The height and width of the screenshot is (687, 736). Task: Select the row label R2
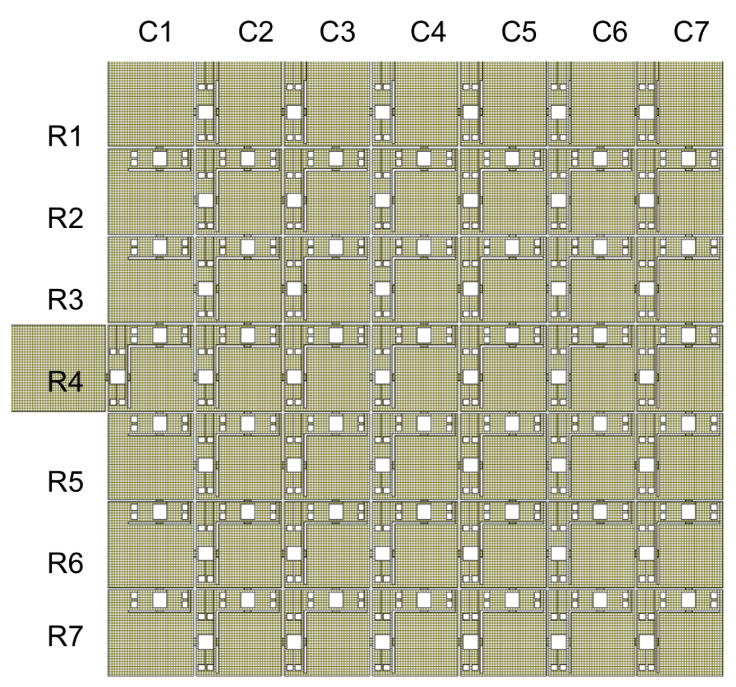pyautogui.click(x=65, y=219)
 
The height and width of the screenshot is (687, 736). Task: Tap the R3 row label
pyautogui.click(x=65, y=300)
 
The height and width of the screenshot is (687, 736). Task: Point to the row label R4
pyautogui.click(x=65, y=382)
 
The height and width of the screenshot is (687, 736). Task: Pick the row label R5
pyautogui.click(x=65, y=482)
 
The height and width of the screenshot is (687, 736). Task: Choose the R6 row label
pyautogui.click(x=65, y=563)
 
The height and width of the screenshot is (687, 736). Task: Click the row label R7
pyautogui.click(x=65, y=637)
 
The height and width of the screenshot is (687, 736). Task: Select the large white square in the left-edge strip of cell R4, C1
pyautogui.click(x=118, y=377)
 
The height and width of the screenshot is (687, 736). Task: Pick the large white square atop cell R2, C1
pyautogui.click(x=159, y=158)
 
